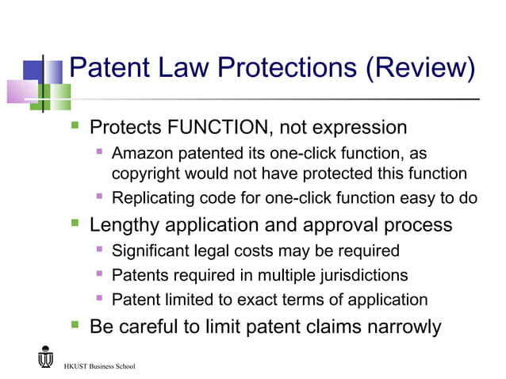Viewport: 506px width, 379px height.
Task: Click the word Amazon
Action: (141, 152)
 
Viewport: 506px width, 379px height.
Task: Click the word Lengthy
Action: (123, 224)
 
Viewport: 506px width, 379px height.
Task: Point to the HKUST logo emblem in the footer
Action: (45, 358)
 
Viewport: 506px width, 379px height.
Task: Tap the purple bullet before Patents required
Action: (100, 274)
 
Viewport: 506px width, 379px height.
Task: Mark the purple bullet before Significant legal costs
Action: (100, 251)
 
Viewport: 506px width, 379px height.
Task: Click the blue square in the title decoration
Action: (32, 71)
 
